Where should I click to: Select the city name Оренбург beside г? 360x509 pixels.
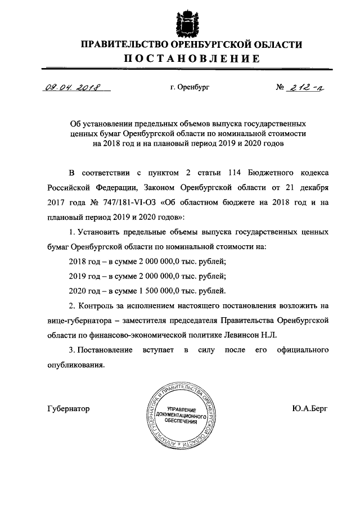193,88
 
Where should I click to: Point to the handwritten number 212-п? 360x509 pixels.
304,87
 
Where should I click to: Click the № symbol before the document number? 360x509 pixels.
279,88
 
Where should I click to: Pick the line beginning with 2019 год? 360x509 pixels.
147,276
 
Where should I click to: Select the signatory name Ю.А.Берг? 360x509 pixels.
310,409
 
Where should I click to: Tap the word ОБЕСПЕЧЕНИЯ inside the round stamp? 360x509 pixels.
181,421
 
